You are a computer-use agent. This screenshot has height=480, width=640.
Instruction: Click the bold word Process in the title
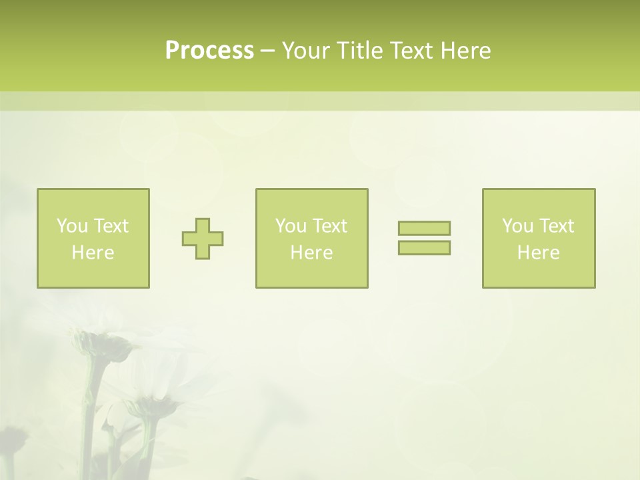pyautogui.click(x=209, y=51)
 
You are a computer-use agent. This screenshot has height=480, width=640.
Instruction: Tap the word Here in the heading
pyautogui.click(x=465, y=51)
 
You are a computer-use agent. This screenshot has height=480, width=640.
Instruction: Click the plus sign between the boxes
pyautogui.click(x=203, y=239)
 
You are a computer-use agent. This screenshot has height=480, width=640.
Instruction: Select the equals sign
pyautogui.click(x=424, y=238)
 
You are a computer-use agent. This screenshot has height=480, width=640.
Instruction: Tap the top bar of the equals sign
pyautogui.click(x=424, y=229)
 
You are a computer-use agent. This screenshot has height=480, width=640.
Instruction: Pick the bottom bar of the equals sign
pyautogui.click(x=424, y=247)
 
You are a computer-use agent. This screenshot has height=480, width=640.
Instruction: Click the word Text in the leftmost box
pyautogui.click(x=111, y=226)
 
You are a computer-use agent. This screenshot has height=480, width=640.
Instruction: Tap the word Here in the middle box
pyautogui.click(x=311, y=253)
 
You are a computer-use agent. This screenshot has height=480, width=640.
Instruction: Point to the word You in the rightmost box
pyautogui.click(x=518, y=226)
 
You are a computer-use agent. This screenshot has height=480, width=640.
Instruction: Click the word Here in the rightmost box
pyautogui.click(x=538, y=253)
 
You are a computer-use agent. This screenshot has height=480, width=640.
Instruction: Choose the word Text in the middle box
pyautogui.click(x=329, y=226)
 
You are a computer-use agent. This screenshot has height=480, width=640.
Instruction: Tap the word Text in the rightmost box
pyautogui.click(x=556, y=226)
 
